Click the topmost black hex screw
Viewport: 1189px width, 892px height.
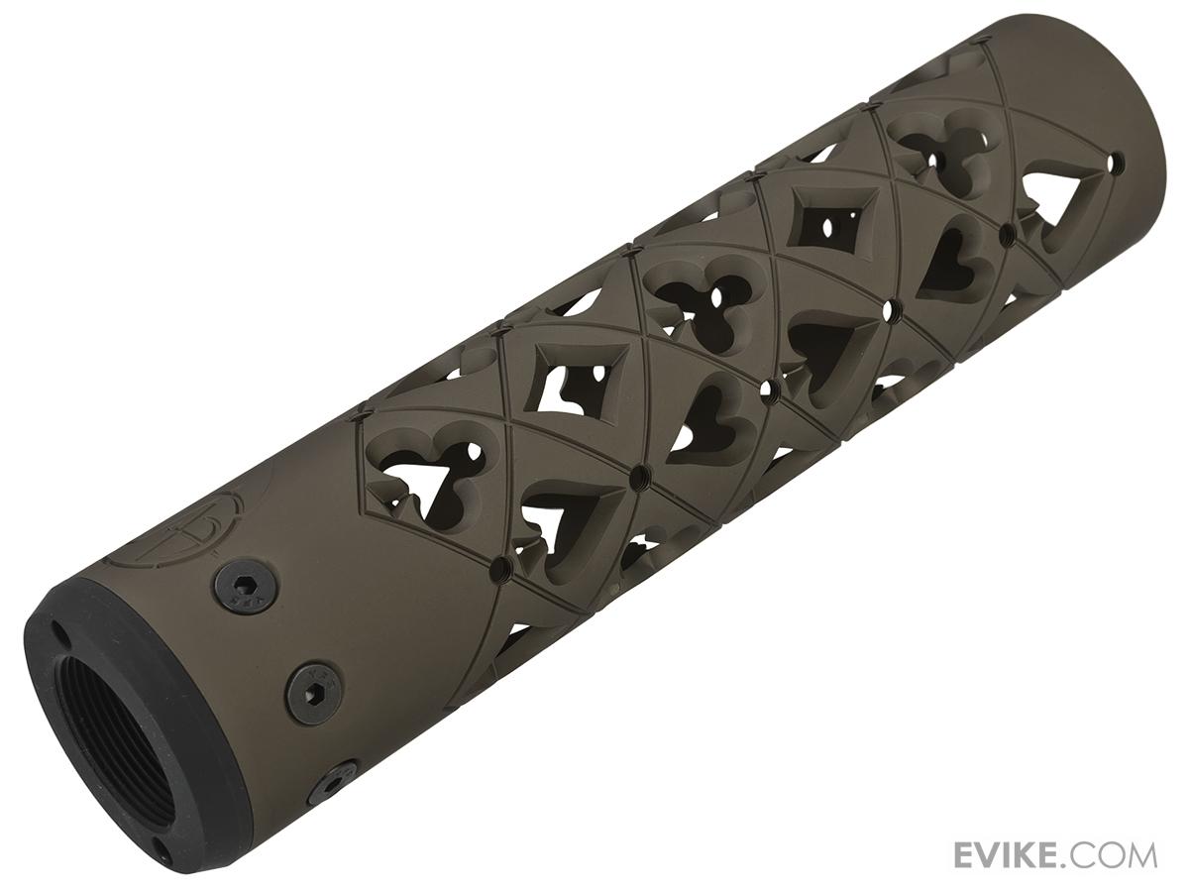[247, 585]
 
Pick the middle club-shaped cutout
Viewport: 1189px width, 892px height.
[698, 295]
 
